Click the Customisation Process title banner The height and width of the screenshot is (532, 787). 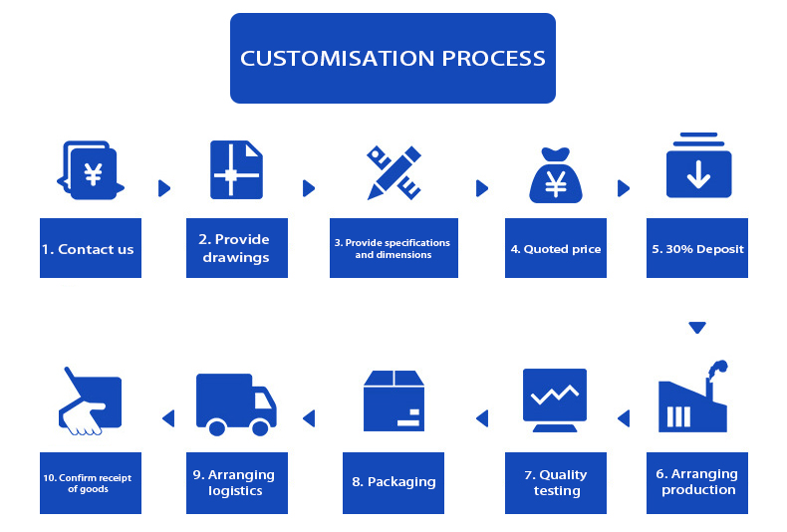pyautogui.click(x=393, y=58)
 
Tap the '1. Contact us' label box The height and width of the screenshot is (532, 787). pyautogui.click(x=91, y=248)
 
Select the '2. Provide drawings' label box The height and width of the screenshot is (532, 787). pyautogui.click(x=236, y=248)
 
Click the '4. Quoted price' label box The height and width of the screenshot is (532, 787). pyautogui.click(x=555, y=248)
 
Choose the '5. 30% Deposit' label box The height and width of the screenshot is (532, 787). pyautogui.click(x=697, y=248)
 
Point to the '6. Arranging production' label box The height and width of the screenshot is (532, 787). pyautogui.click(x=697, y=482)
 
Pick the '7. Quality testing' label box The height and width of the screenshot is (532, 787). pyautogui.click(x=556, y=482)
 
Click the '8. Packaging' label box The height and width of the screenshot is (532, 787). pyautogui.click(x=393, y=482)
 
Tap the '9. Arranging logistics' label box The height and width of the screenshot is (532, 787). pyautogui.click(x=236, y=482)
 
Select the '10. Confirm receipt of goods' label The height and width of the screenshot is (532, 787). pyautogui.click(x=91, y=482)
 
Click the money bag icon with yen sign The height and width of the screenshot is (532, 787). pyautogui.click(x=556, y=176)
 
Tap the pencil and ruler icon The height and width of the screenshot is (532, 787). pyautogui.click(x=393, y=172)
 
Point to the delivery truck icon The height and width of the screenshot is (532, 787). pyautogui.click(x=236, y=403)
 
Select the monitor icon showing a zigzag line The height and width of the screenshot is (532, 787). pyautogui.click(x=555, y=399)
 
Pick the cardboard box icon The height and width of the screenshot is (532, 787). pyautogui.click(x=393, y=400)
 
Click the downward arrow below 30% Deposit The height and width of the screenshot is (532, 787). pyautogui.click(x=697, y=327)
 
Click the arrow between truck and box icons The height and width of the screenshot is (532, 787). pyautogui.click(x=309, y=418)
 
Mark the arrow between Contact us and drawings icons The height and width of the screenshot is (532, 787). pyautogui.click(x=164, y=187)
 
